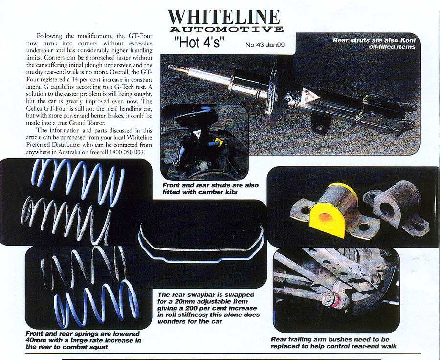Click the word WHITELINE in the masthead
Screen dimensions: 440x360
[x=224, y=18]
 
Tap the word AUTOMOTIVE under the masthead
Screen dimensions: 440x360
[x=226, y=29]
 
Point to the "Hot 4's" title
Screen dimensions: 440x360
[x=200, y=42]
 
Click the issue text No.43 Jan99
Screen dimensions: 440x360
[x=265, y=45]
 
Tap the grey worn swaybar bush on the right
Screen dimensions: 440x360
[x=396, y=207]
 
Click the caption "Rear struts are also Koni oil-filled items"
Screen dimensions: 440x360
[x=374, y=43]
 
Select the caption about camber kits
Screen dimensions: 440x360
[x=210, y=189]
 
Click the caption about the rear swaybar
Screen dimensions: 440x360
[x=208, y=308]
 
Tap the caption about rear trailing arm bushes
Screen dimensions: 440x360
[x=334, y=343]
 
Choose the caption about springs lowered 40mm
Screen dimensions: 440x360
[x=84, y=340]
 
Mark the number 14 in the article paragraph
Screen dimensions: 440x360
[x=74, y=79]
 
